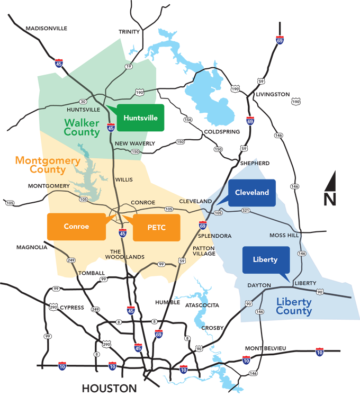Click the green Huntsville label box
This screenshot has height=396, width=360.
(x=140, y=118)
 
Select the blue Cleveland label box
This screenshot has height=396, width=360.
(x=252, y=193)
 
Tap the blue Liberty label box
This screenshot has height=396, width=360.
(x=265, y=259)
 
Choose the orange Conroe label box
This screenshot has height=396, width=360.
(x=76, y=227)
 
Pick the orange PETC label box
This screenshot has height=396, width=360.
(x=157, y=228)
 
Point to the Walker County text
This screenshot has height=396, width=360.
(x=82, y=128)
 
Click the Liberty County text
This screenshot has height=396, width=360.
(x=294, y=307)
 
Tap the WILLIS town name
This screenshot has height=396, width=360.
(x=124, y=180)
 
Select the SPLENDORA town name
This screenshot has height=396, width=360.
(x=215, y=236)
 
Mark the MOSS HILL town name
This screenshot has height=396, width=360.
(x=284, y=235)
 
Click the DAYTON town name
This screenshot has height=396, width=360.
(x=259, y=285)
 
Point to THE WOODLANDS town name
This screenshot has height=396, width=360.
(x=127, y=254)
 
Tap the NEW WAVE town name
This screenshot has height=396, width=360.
(x=130, y=143)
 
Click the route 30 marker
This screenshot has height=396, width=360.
(x=83, y=102)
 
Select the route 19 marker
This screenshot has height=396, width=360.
(x=128, y=67)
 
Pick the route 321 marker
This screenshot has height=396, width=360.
(x=245, y=211)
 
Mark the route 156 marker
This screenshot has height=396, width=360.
(x=188, y=120)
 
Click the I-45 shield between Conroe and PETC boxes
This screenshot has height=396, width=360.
(x=122, y=232)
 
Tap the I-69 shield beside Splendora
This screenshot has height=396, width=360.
(x=202, y=225)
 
